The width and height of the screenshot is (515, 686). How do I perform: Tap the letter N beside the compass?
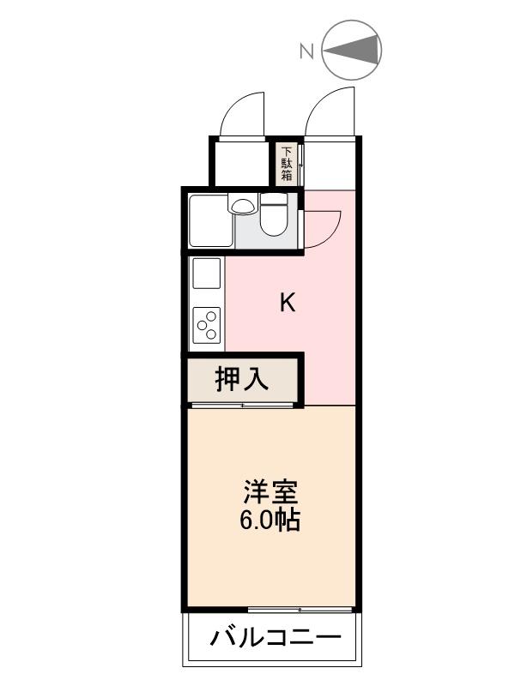[306, 52]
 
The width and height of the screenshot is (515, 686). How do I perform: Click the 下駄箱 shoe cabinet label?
[287, 164]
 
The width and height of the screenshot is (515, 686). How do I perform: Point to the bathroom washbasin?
[243, 206]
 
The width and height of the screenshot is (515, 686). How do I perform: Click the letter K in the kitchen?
[288, 303]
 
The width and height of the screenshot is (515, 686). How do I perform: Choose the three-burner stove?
[207, 324]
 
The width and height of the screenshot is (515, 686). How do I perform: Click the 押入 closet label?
[241, 378]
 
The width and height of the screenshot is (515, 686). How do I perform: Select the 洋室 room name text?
[270, 493]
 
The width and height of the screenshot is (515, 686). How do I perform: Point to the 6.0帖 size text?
[270, 520]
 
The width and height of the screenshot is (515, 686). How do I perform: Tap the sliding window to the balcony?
[300, 610]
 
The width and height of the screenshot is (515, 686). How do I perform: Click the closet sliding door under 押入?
[244, 404]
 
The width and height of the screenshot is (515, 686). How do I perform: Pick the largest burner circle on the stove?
[211, 317]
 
